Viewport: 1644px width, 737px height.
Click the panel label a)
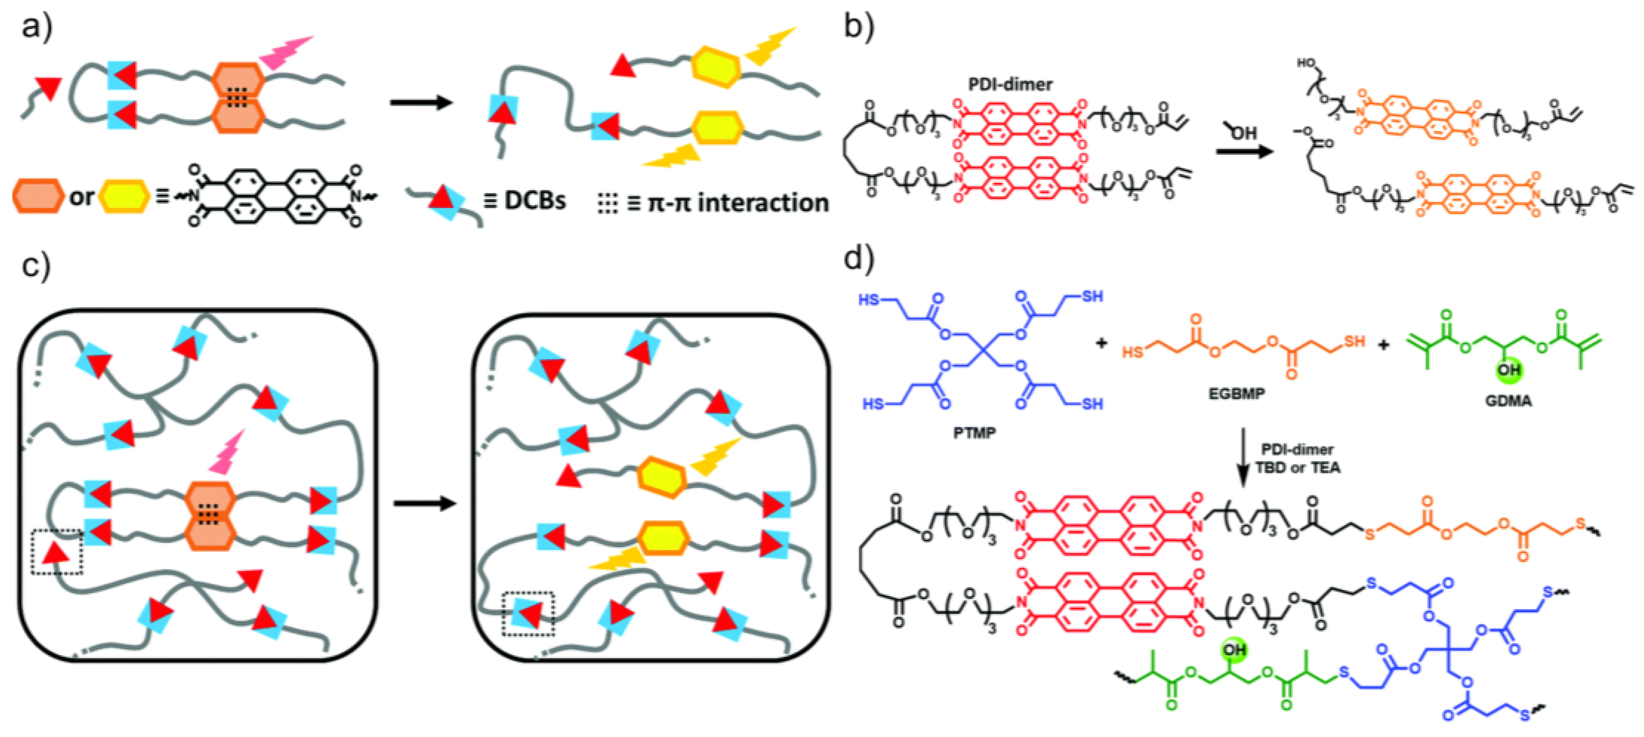37,27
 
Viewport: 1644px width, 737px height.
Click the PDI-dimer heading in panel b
1010,84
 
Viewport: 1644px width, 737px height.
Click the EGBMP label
1236,394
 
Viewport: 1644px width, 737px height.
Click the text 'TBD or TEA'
1297,468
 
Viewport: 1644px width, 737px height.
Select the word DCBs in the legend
535,201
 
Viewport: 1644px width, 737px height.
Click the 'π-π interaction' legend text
737,203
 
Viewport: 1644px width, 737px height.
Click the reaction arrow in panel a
421,102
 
